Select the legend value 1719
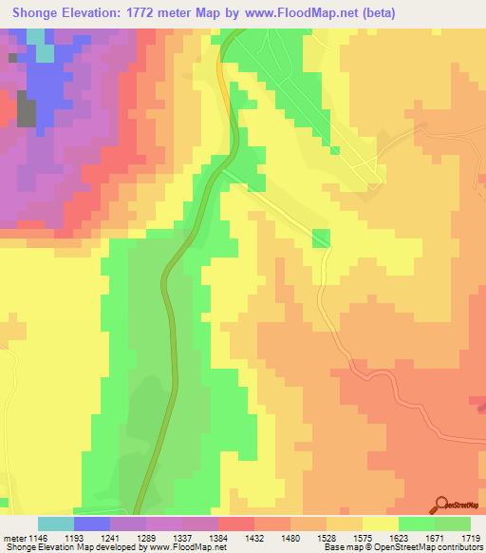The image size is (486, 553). (x=469, y=539)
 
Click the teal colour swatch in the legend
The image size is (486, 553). (x=55, y=524)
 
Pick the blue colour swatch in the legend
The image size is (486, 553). (x=91, y=524)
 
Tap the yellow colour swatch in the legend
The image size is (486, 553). (x=380, y=524)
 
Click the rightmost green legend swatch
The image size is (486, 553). (x=452, y=524)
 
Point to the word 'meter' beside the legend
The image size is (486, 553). (x=14, y=539)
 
